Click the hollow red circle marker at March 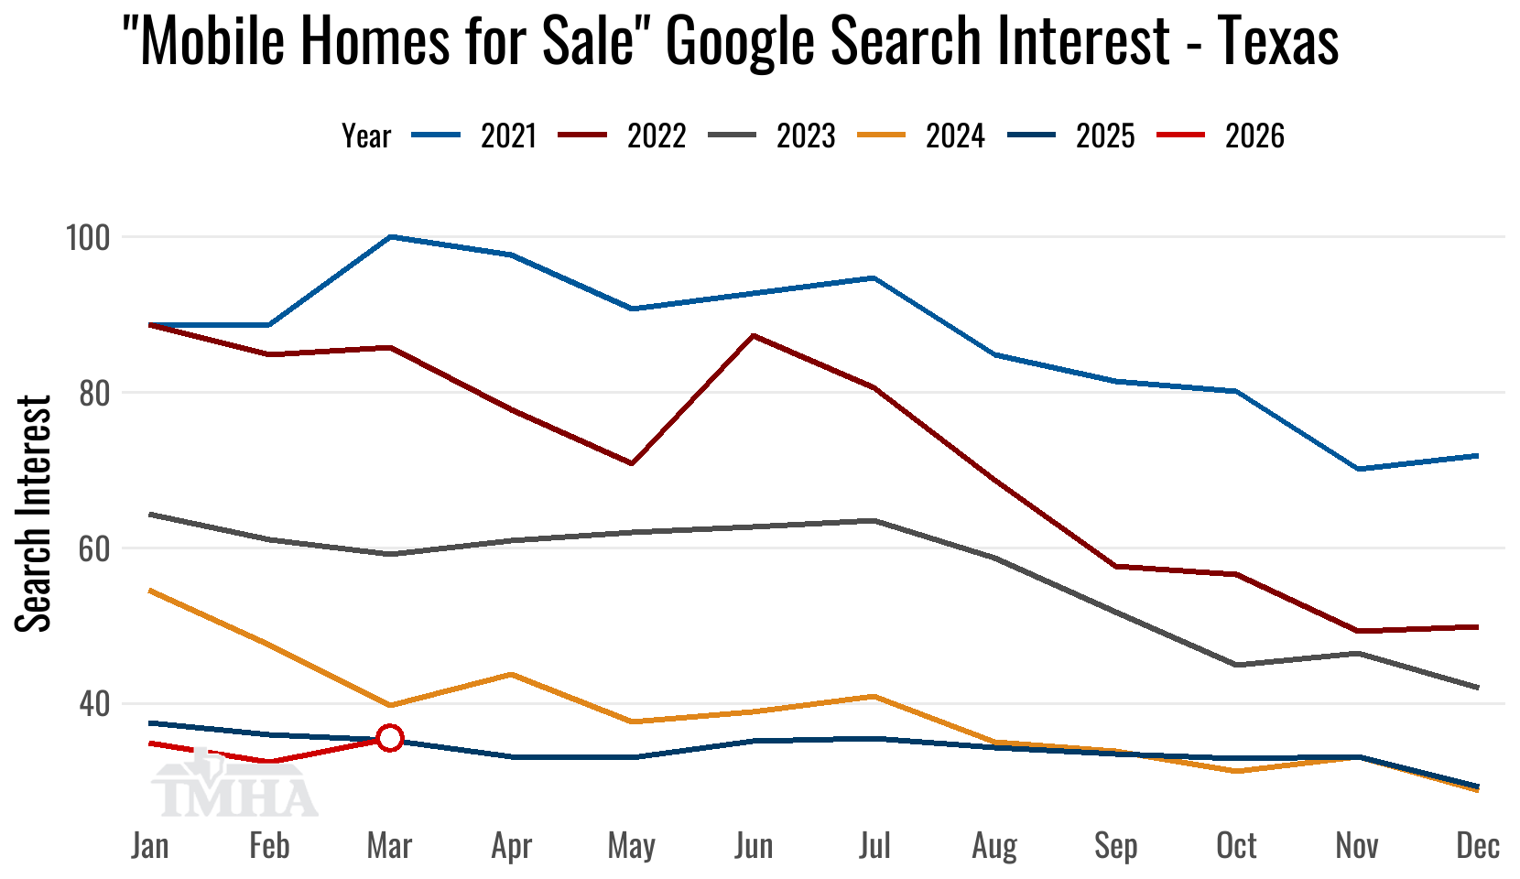[x=390, y=738]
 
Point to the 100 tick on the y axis [x=87, y=238]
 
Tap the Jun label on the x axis [x=754, y=845]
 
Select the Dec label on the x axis [x=1478, y=845]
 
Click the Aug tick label [x=994, y=845]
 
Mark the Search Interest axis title [x=34, y=513]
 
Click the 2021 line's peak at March [x=391, y=236]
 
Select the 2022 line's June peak [x=753, y=335]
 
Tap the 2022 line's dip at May [x=632, y=463]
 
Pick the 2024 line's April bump [x=511, y=674]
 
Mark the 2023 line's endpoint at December [x=1477, y=687]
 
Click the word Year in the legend [x=366, y=136]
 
